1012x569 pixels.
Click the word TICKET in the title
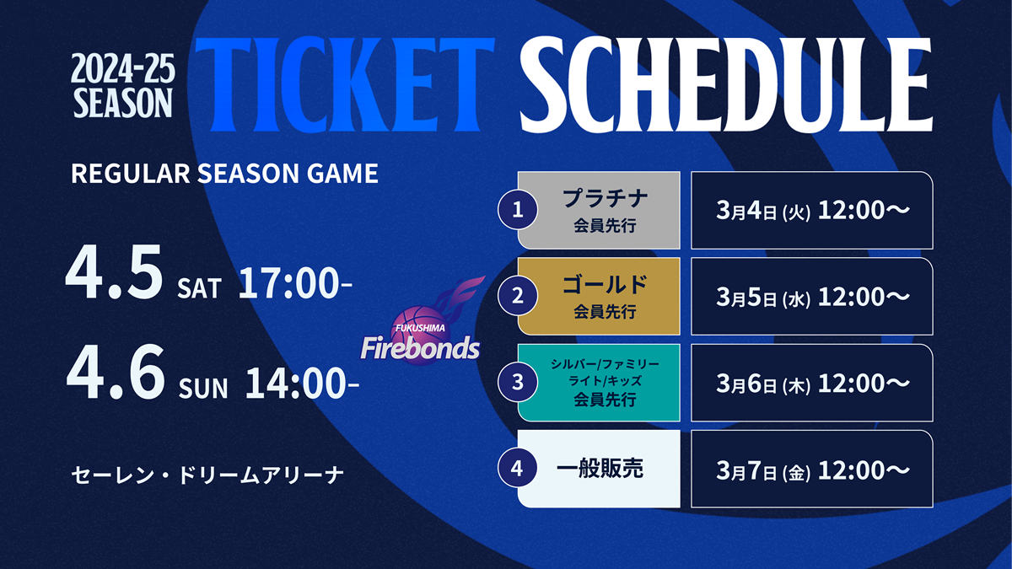pyautogui.click(x=345, y=84)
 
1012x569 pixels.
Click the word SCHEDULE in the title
pyautogui.click(x=726, y=84)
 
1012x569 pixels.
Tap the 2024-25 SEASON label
pyautogui.click(x=123, y=85)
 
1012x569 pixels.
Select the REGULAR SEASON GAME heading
pyautogui.click(x=224, y=173)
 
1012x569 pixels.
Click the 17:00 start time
pyautogui.click(x=294, y=283)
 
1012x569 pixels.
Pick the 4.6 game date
pyautogui.click(x=116, y=372)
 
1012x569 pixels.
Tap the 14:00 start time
pyautogui.click(x=302, y=383)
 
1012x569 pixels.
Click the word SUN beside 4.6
pyautogui.click(x=203, y=388)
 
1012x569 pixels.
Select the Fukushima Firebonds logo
pyautogui.click(x=421, y=321)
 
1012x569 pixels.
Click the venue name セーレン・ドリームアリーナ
pyautogui.click(x=207, y=475)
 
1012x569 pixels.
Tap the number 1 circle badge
pyautogui.click(x=518, y=210)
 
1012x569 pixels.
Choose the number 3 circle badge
pyautogui.click(x=518, y=383)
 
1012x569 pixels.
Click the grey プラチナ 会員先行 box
pyautogui.click(x=599, y=210)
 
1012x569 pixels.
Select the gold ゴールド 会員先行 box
pyautogui.click(x=599, y=296)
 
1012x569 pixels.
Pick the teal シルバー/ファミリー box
pyautogui.click(x=599, y=383)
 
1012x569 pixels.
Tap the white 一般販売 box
pyautogui.click(x=599, y=469)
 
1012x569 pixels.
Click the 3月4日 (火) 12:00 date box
pyautogui.click(x=812, y=210)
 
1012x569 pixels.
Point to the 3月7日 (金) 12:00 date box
pyautogui.click(x=812, y=469)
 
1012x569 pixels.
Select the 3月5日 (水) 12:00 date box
pyautogui.click(x=812, y=296)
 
